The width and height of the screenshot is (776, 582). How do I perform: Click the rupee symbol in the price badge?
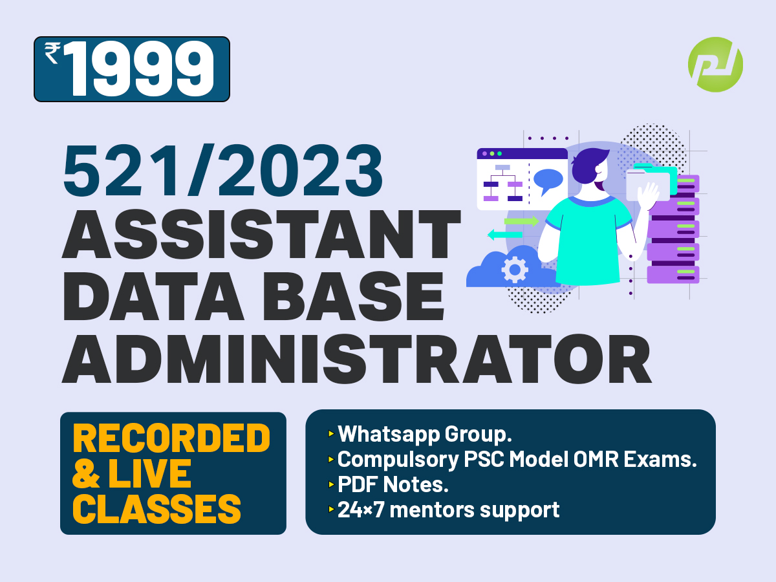(x=52, y=53)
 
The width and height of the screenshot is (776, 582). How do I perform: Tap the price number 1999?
(x=140, y=69)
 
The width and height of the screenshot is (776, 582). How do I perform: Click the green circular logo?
(x=716, y=65)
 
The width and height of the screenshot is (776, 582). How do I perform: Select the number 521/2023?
(x=222, y=170)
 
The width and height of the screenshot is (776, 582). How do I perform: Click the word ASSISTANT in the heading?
(x=262, y=234)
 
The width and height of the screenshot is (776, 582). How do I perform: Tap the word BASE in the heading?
(x=354, y=296)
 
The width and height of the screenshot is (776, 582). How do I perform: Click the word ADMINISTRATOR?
(x=357, y=359)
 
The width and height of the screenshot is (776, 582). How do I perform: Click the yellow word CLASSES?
(x=156, y=509)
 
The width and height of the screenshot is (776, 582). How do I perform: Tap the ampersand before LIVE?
(x=86, y=473)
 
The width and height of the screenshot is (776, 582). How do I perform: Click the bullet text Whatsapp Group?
(x=425, y=433)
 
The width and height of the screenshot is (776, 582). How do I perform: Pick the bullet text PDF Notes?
(x=393, y=484)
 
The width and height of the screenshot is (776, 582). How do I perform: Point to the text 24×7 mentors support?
(x=449, y=510)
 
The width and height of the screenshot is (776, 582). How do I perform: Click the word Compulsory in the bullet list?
(x=398, y=459)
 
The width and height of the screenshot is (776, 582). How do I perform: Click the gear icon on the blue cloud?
(x=515, y=270)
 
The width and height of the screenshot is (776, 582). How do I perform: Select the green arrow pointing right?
(x=521, y=222)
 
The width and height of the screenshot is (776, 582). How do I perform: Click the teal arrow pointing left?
(x=505, y=234)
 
